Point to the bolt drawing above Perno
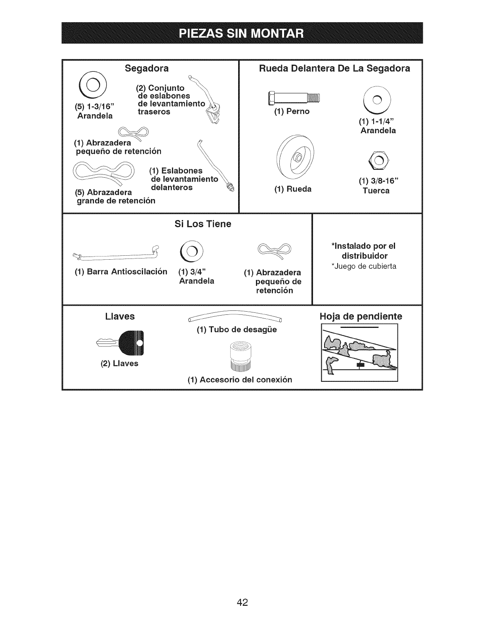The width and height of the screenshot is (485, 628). (x=294, y=98)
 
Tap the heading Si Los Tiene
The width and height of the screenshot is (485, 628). (x=203, y=224)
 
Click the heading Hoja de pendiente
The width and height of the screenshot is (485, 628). (x=361, y=316)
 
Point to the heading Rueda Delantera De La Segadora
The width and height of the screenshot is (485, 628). (x=334, y=69)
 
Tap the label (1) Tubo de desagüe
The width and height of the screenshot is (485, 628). (x=237, y=329)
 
